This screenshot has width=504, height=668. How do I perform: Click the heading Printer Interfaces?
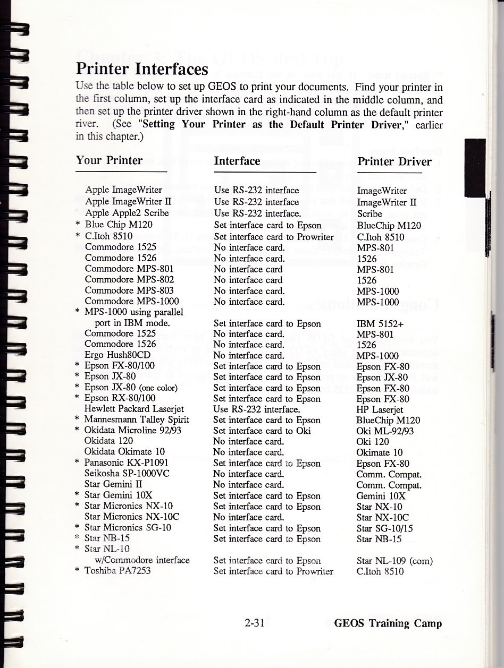142,69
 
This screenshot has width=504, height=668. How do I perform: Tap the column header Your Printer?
109,160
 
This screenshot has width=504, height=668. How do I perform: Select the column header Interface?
237,161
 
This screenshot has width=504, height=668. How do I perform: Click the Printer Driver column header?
394,161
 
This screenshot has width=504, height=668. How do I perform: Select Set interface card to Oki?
262,431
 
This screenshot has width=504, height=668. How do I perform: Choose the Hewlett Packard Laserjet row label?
134,409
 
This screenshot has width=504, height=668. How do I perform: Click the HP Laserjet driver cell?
380,409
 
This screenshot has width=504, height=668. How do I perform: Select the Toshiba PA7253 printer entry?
117,571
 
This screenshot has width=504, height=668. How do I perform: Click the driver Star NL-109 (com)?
394,561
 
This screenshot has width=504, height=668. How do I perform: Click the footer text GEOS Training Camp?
388,623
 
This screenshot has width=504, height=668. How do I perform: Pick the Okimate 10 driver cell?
380,452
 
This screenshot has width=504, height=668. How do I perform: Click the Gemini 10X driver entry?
381,496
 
